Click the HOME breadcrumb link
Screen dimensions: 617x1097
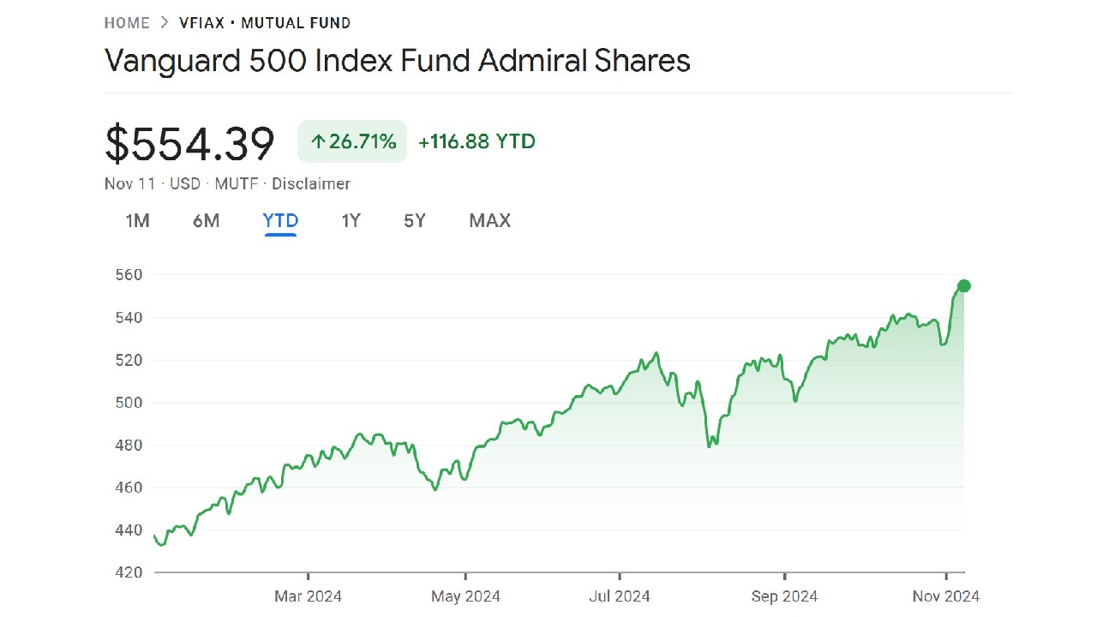click(x=127, y=23)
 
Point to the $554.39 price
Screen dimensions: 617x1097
click(x=189, y=143)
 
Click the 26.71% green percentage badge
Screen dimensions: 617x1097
click(x=352, y=141)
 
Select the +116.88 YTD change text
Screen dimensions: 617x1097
click(x=477, y=141)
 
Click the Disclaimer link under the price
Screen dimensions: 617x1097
click(x=311, y=183)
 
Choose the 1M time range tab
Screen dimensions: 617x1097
click(x=137, y=221)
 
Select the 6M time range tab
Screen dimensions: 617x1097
click(x=206, y=221)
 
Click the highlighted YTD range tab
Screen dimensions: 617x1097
click(x=280, y=221)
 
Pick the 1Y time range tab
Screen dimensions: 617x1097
click(x=351, y=221)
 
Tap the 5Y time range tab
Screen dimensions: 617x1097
click(x=415, y=221)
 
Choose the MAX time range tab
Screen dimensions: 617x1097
click(x=489, y=221)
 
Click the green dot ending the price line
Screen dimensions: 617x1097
click(x=964, y=286)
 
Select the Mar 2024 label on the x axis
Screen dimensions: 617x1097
click(x=308, y=596)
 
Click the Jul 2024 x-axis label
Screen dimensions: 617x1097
click(x=619, y=596)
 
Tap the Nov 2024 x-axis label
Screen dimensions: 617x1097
click(x=946, y=596)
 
